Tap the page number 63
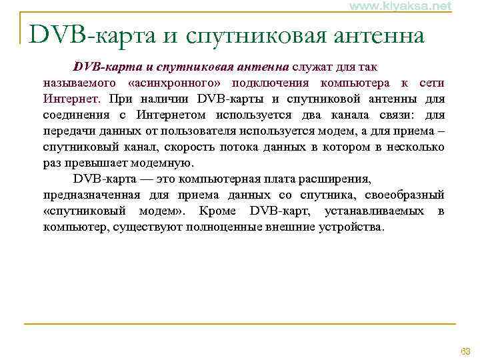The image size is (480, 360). pyautogui.click(x=465, y=351)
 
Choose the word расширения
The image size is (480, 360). pyautogui.click(x=337, y=179)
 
